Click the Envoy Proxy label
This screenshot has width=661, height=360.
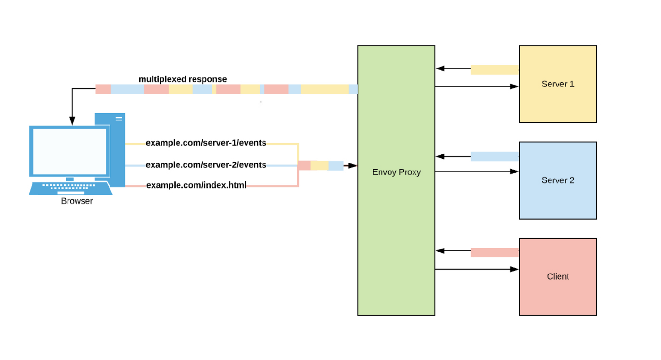coord(396,172)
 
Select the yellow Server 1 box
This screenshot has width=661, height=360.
coord(558,84)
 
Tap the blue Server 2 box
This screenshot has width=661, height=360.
coord(558,180)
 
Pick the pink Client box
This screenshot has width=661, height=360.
coord(558,276)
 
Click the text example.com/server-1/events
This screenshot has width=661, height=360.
coord(206,143)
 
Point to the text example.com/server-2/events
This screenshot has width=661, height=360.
coord(206,165)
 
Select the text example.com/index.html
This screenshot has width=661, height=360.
coord(196,185)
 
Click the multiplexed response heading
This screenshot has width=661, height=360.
coord(183,79)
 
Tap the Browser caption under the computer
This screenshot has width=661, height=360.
coord(77,201)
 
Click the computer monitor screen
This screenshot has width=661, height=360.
coord(69,151)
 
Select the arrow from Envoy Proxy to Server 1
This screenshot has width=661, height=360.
coord(476,86)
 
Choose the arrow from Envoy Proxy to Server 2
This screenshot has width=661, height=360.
coord(476,171)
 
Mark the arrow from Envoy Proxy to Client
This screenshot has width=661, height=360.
coord(476,269)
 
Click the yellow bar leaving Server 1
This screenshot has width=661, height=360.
coord(494,70)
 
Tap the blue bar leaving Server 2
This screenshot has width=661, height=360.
coord(494,156)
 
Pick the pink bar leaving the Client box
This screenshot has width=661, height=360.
coord(494,253)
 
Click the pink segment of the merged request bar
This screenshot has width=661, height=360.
coord(304,165)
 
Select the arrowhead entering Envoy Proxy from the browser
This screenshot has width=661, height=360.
coord(353,165)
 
